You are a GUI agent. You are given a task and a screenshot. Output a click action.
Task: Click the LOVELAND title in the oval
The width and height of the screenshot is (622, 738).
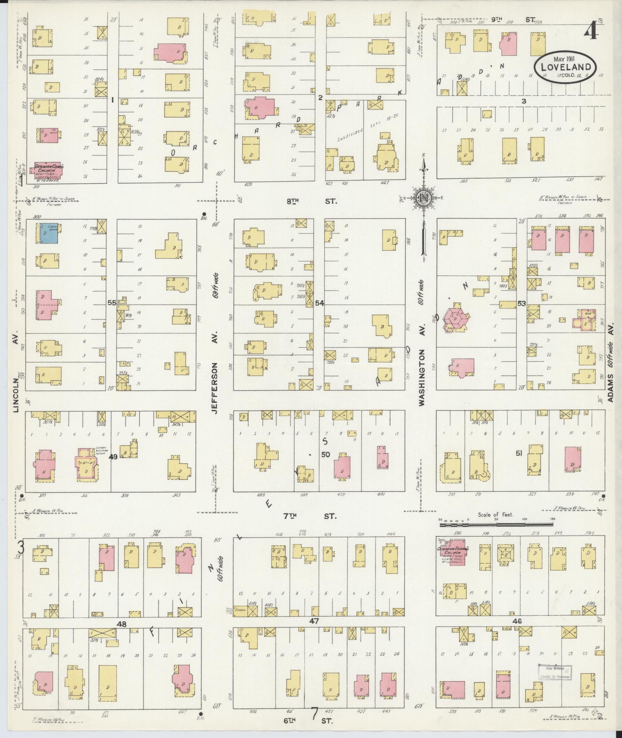pos(565,67)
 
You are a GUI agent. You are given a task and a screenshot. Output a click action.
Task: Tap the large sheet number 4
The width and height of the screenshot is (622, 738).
pos(591,30)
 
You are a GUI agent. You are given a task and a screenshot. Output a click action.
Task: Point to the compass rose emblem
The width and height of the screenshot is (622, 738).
pos(424,198)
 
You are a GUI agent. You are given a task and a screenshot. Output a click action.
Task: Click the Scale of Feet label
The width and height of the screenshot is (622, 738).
pos(496,515)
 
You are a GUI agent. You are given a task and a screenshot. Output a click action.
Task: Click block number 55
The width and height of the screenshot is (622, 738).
pos(112,303)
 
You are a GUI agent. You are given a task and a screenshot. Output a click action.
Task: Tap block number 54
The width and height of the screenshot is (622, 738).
pos(319,303)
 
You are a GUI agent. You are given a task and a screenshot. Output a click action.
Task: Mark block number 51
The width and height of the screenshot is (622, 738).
pos(519,454)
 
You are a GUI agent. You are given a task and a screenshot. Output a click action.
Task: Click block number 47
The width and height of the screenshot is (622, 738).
pos(315,621)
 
